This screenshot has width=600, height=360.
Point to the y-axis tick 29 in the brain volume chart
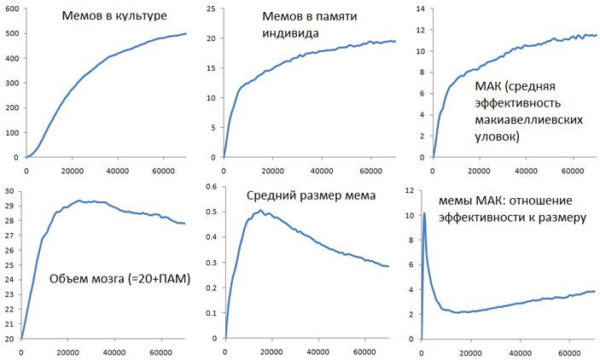pos(9,205)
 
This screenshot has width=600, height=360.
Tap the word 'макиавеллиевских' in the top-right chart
pos(531,119)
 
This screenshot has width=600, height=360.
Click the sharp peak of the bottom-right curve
pos(424,213)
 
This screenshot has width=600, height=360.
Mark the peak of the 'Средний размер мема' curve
pos(261,210)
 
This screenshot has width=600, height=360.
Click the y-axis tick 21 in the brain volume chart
pos(9,324)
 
